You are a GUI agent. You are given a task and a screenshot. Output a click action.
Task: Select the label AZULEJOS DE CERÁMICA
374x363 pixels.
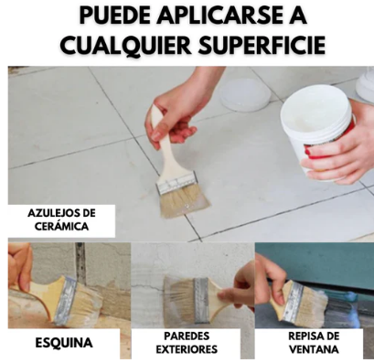[x=60, y=219]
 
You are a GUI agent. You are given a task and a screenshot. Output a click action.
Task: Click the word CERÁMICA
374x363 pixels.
[x=60, y=227]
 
